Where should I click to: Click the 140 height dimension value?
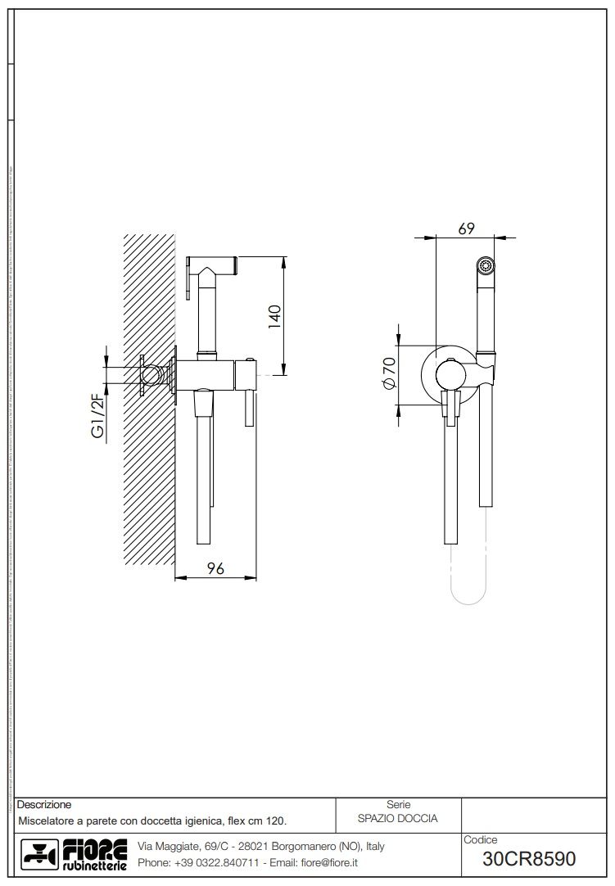pyautogui.click(x=275, y=315)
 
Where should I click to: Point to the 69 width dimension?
pyautogui.click(x=466, y=229)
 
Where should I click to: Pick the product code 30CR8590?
pyautogui.click(x=529, y=859)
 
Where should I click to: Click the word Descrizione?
pyautogui.click(x=44, y=805)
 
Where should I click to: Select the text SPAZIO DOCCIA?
pyautogui.click(x=398, y=818)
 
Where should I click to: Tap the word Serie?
pyautogui.click(x=398, y=805)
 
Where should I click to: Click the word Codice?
pyautogui.click(x=480, y=839)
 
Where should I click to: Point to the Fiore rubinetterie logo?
pyautogui.click(x=74, y=854)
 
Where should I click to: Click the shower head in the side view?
pyautogui.click(x=213, y=266)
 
